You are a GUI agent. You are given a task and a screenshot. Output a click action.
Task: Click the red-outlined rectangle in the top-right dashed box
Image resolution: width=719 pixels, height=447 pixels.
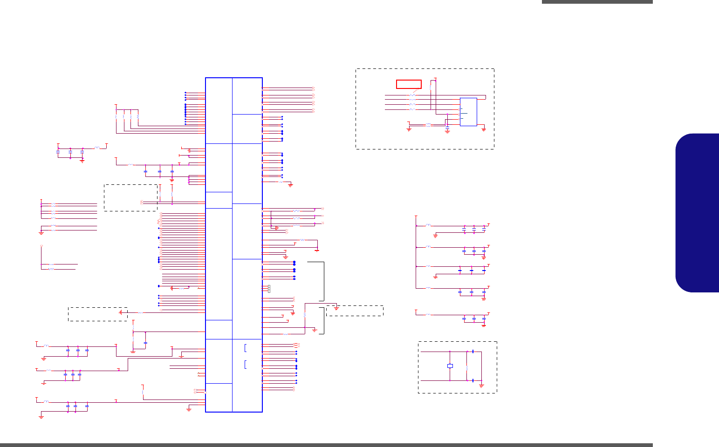409,84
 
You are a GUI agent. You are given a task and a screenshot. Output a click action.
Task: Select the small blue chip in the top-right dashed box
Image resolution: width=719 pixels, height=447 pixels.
468,112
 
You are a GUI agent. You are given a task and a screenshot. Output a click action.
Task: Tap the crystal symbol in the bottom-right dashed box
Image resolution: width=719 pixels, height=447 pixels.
450,366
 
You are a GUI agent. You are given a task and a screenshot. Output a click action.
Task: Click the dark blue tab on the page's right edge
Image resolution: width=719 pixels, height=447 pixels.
698,213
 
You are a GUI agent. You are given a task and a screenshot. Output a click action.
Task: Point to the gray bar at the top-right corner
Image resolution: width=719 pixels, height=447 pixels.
597,2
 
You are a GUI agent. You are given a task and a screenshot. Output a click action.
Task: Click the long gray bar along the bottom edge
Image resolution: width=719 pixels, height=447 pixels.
326,445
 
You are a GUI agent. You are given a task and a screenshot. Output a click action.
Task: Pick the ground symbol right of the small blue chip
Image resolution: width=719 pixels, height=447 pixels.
484,129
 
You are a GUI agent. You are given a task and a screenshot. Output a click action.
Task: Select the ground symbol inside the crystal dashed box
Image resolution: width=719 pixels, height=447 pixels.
481,386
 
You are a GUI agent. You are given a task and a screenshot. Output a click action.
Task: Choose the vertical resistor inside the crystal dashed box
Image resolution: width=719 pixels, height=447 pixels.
466,366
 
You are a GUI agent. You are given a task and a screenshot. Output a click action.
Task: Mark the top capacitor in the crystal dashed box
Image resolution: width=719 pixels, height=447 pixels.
473,352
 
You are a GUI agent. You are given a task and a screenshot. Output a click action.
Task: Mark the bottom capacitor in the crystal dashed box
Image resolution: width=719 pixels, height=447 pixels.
473,380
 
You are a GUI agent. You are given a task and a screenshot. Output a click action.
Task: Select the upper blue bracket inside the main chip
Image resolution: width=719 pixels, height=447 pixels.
245,347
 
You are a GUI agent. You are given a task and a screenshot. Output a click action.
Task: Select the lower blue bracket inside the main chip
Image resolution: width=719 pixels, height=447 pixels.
245,364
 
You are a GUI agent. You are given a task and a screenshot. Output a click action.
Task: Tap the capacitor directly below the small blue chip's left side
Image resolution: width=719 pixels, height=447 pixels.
447,125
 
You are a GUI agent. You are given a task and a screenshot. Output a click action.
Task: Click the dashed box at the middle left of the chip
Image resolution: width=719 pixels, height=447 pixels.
130,197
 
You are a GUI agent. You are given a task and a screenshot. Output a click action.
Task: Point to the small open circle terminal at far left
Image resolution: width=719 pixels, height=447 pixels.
41,245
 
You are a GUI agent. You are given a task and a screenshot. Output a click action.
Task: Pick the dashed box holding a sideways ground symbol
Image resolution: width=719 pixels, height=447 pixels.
97,314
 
